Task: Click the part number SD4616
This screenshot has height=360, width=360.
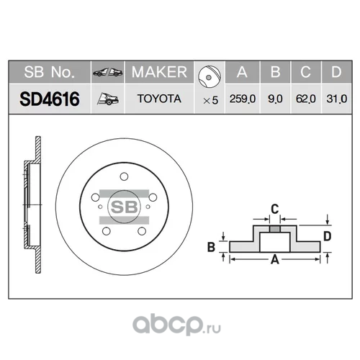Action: coord(50,99)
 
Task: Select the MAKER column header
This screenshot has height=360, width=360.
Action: coord(159,72)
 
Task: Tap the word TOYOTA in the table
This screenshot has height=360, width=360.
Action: coord(159,99)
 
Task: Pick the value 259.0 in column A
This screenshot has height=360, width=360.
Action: coord(243,99)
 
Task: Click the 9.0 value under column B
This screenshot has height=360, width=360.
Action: coord(275,99)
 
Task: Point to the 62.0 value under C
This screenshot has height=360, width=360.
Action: coord(305,99)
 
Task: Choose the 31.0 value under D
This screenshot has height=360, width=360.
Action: coord(336,99)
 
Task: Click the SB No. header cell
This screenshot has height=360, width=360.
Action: coord(50,72)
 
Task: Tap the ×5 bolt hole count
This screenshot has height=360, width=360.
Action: coord(210,100)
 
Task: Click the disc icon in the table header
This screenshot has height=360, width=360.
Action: coord(210,76)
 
